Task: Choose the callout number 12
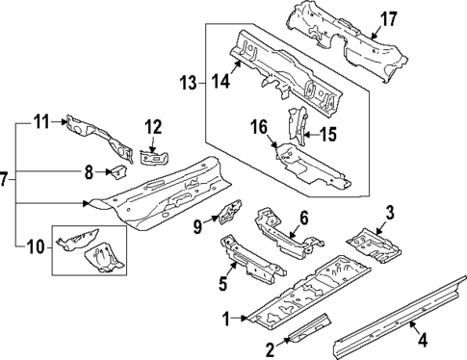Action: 153,125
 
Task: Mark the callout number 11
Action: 40,121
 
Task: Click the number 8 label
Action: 88,173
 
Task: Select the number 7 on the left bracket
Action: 7,179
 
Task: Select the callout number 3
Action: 390,213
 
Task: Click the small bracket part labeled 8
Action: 117,172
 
